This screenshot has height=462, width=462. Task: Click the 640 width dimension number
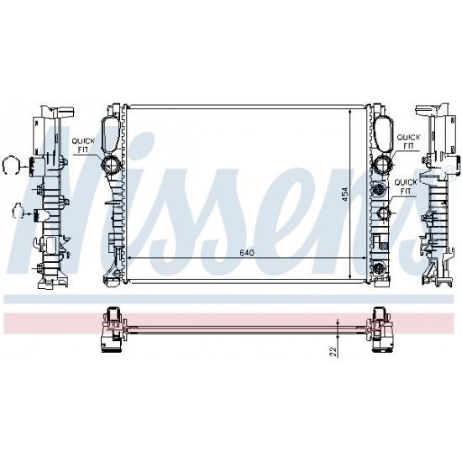click(x=247, y=253)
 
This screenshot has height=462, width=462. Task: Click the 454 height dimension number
click(x=344, y=195)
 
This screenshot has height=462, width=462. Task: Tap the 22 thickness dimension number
click(x=333, y=352)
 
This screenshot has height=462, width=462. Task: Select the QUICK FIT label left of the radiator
click(x=83, y=145)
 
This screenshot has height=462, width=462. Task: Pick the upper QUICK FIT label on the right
click(x=409, y=141)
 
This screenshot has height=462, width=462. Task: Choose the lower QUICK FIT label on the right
click(x=406, y=186)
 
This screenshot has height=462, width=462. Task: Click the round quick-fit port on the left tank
click(x=110, y=164)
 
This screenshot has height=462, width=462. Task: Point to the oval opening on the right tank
click(x=384, y=134)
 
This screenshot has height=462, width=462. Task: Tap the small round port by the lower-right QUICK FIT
click(x=384, y=213)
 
